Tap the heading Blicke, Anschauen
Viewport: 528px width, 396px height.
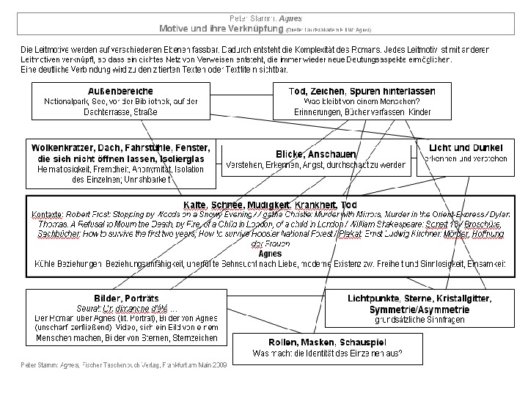tap(316, 153)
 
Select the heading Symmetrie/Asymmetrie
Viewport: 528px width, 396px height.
tap(419, 309)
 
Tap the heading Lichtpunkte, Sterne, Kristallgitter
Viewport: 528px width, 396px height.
tap(419, 298)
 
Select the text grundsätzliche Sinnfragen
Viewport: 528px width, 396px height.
tap(419, 320)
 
